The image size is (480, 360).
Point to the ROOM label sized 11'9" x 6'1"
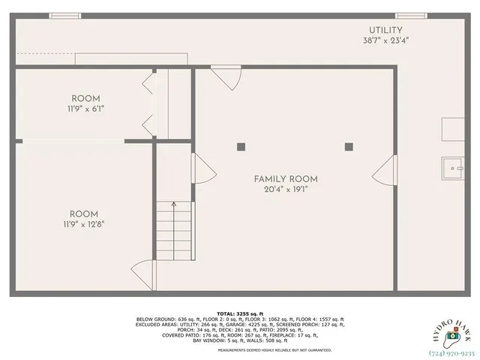click(85, 99)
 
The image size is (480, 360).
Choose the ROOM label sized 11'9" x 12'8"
click(84, 214)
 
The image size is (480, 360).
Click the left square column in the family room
click(240, 147)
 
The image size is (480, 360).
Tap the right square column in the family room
click(349, 147)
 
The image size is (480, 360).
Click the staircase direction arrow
click(174, 204)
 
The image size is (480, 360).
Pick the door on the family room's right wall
click(384, 170)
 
